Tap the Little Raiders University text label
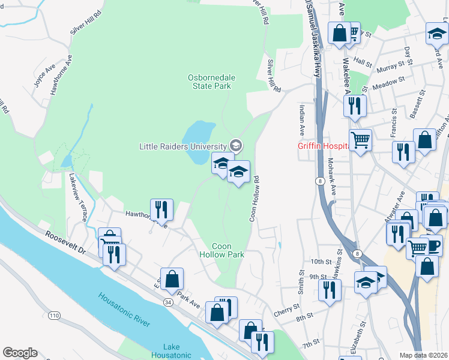pos(182,146)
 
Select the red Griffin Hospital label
pos(323,146)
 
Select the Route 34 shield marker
pos(168,303)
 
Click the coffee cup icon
pos(432,244)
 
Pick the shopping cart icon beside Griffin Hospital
pos(360,141)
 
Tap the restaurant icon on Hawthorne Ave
pos(161,209)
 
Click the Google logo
pos(20,353)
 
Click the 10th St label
pos(321,262)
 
